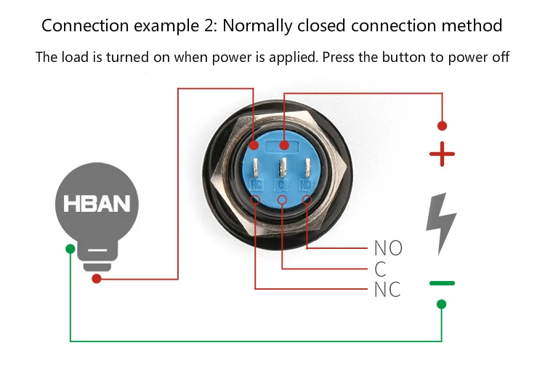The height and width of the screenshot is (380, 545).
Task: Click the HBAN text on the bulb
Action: [x=97, y=204]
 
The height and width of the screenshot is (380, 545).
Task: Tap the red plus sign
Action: [x=442, y=154]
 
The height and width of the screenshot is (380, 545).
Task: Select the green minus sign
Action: [x=442, y=283]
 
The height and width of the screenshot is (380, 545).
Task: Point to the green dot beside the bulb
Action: [x=70, y=249]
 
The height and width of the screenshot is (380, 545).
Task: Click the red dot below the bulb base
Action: [x=97, y=279]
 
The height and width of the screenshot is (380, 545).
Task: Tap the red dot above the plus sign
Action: [x=442, y=126]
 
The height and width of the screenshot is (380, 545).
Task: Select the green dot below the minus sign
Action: [x=441, y=304]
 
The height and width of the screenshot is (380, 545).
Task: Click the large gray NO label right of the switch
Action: [x=388, y=248]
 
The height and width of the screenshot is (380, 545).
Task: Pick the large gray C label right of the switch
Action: [x=380, y=269]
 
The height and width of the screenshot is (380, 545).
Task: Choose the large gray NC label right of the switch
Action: [x=387, y=290]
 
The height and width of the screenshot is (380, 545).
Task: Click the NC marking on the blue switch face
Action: [x=257, y=185]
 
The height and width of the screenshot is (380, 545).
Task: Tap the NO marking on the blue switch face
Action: [x=306, y=185]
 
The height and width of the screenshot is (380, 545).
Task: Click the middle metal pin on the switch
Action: [x=283, y=167]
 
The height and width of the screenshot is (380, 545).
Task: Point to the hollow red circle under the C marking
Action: [x=282, y=199]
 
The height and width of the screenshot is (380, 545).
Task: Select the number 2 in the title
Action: [x=208, y=25]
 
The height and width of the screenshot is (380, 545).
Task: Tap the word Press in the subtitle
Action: [x=338, y=57]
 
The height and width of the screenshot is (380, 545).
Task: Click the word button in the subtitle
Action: [x=404, y=57]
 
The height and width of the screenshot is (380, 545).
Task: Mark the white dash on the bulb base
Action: [x=97, y=250]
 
